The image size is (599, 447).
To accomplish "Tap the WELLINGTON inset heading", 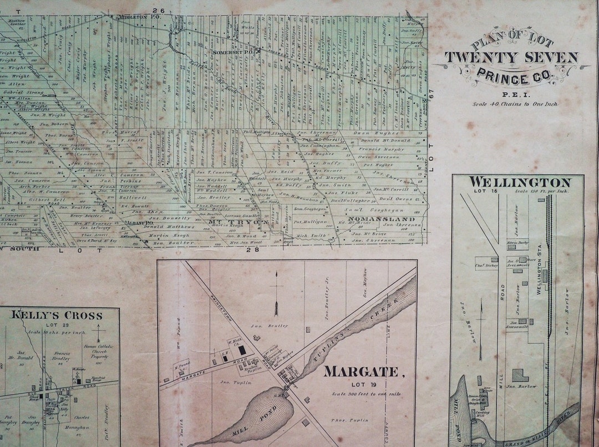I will [520, 182].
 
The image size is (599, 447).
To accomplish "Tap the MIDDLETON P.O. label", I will [131, 17].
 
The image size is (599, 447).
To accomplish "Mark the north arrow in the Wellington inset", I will [481, 327].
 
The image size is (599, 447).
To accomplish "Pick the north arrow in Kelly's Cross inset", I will [98, 334].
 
